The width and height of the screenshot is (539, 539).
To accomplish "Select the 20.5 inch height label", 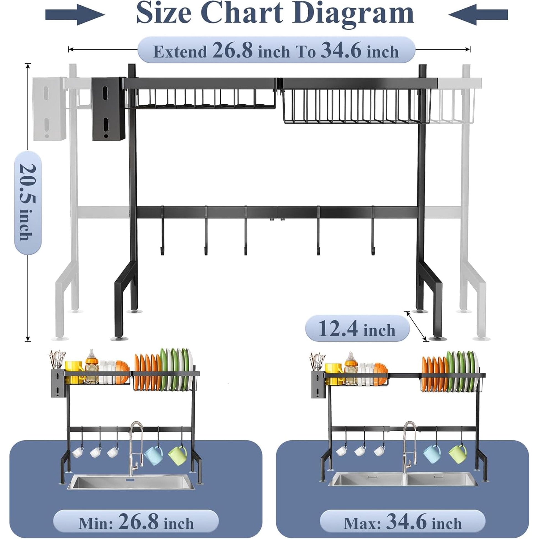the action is coord(28,202).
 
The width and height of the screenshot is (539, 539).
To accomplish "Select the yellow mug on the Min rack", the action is coord(74,371).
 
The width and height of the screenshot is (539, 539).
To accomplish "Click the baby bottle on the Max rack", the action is coord(352,366).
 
